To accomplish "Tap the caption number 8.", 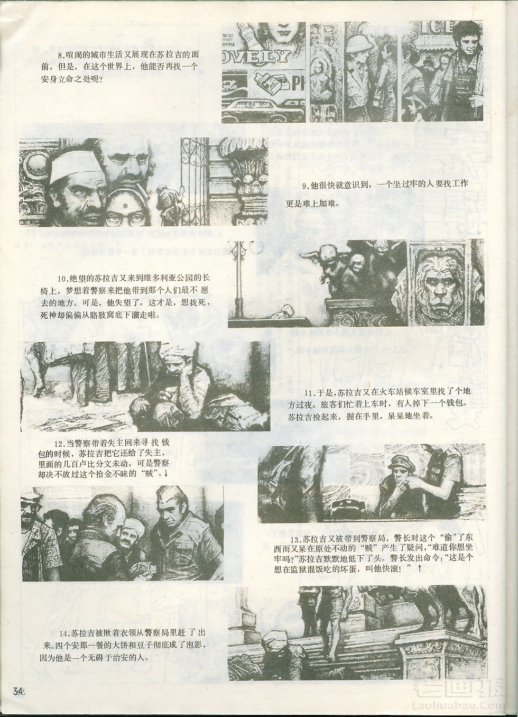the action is click(x=60, y=55).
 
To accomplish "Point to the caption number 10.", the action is click(x=61, y=278).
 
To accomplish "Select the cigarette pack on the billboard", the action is click(x=268, y=81).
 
